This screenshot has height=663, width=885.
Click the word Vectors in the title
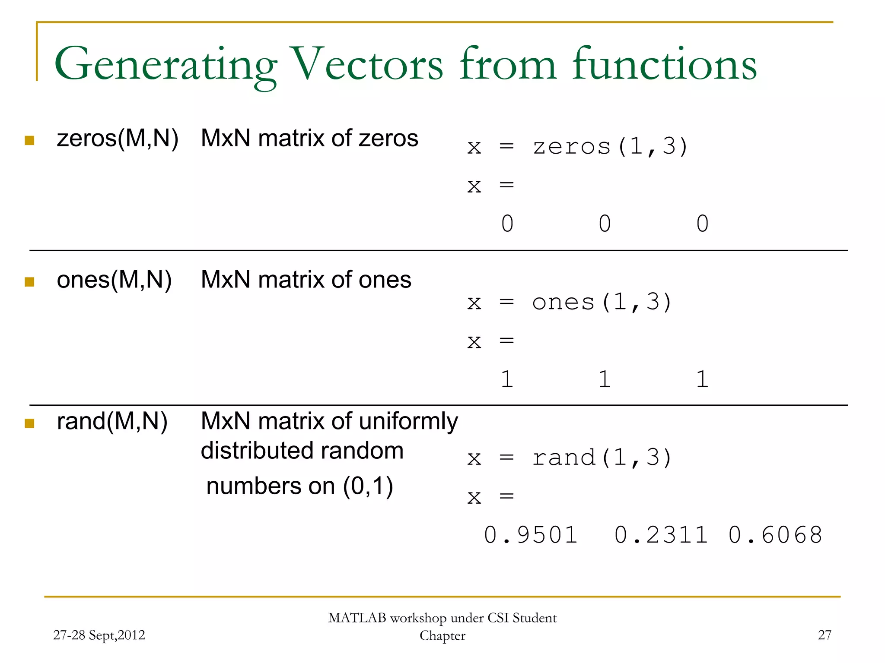point(367,65)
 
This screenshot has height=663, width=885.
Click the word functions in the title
point(665,65)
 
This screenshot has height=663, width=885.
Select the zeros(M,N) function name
point(118,139)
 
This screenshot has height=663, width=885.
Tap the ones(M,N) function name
point(114,280)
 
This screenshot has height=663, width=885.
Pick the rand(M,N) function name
point(112,421)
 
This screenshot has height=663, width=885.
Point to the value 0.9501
point(531,535)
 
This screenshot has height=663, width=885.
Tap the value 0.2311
point(661,535)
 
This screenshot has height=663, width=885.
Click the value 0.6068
point(775,535)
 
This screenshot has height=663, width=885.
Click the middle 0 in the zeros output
point(605,224)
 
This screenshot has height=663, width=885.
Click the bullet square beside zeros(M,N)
point(29,140)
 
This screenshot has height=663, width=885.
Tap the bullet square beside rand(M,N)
point(29,423)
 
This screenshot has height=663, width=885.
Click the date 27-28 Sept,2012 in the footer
point(99,635)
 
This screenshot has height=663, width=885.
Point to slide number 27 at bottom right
point(825,635)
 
